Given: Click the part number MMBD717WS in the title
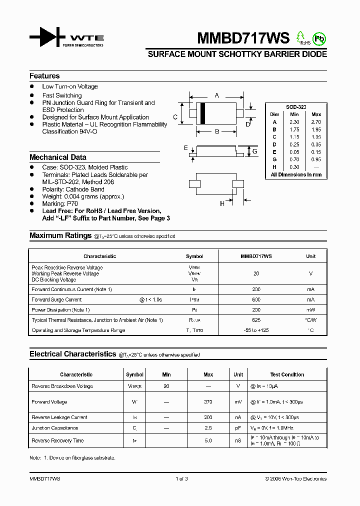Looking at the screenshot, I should (236, 38).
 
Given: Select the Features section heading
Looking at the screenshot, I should (44, 76).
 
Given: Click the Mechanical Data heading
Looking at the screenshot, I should (58, 157).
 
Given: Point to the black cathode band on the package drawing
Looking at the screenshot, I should (202, 113).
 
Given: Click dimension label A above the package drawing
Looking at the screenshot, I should (216, 95).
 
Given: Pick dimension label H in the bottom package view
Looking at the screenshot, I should (222, 203).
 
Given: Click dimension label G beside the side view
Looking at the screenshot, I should (254, 151).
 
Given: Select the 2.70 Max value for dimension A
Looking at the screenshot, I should (316, 122).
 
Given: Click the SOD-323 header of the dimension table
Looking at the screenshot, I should (296, 107).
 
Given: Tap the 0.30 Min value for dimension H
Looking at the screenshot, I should (294, 167).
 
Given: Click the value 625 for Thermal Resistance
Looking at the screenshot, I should (256, 320).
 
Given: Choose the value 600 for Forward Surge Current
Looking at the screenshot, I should (256, 299).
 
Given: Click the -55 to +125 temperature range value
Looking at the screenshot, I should (256, 330).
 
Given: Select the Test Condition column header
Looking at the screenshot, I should (287, 374).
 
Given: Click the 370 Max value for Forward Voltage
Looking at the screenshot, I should (208, 402).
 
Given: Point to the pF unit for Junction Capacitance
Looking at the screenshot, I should (238, 428).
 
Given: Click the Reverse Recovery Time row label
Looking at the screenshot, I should (57, 441).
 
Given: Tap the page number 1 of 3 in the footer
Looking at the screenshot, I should (181, 479).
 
